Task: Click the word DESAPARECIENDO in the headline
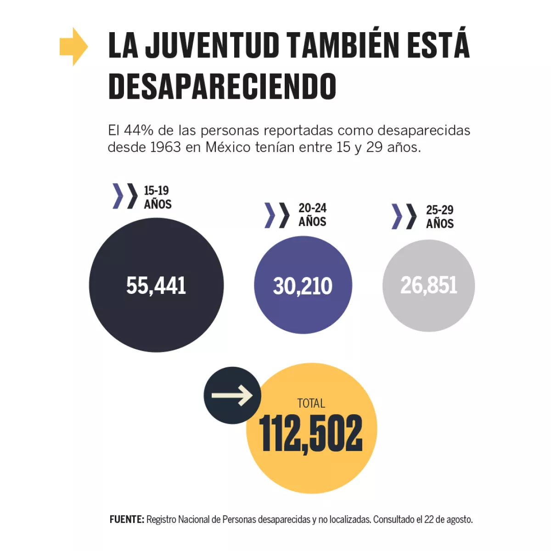click(x=222, y=86)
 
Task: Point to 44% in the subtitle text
click(x=138, y=130)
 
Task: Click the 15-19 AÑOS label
click(x=157, y=197)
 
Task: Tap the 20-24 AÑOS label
click(x=312, y=214)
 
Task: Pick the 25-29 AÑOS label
click(x=439, y=216)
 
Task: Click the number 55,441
click(x=156, y=285)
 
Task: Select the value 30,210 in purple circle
click(x=303, y=286)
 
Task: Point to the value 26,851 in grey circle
click(x=428, y=285)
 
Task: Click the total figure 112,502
click(x=311, y=433)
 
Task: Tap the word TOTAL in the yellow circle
click(x=311, y=403)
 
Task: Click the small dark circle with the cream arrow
click(x=232, y=395)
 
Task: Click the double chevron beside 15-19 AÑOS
click(x=125, y=196)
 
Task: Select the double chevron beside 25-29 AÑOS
click(x=404, y=216)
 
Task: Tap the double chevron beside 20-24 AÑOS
click(x=277, y=215)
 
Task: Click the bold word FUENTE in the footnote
click(x=127, y=519)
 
